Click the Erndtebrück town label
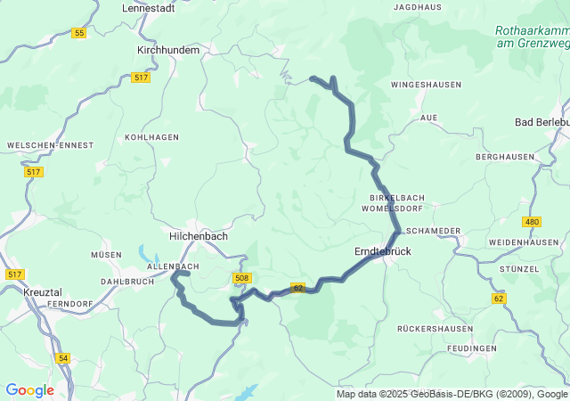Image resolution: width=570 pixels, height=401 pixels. pos(383,252)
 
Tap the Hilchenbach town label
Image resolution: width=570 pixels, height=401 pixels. pos(199,236)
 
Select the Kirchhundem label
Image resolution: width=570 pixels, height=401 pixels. pos(168,50)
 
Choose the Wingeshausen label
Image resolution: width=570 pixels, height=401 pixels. pos(426,85)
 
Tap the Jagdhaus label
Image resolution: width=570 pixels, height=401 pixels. pos(416,7)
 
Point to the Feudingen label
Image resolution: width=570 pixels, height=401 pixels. pos(472,348)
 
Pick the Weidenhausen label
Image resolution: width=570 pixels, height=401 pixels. pos(524,242)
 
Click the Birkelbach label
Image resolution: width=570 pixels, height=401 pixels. pos(396,197)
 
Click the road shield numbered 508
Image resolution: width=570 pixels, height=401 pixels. pos(241,278)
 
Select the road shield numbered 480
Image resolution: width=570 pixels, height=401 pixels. pos(533,221)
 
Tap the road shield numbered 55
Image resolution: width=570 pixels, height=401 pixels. pos(79,33)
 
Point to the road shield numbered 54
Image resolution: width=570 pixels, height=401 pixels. pos(62,357)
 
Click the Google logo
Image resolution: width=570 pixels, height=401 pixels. pos(29,390)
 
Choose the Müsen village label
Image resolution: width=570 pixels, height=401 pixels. pos(105,255)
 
